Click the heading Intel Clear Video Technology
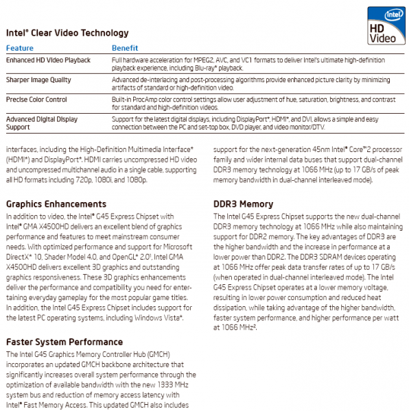[x=67, y=33]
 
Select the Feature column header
[x=19, y=48]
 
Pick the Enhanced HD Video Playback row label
[x=48, y=60]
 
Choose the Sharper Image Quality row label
[x=38, y=79]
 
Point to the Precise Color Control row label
[x=36, y=99]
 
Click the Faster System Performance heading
[x=64, y=342]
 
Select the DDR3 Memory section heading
[x=243, y=204]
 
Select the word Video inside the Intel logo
[x=382, y=38]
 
